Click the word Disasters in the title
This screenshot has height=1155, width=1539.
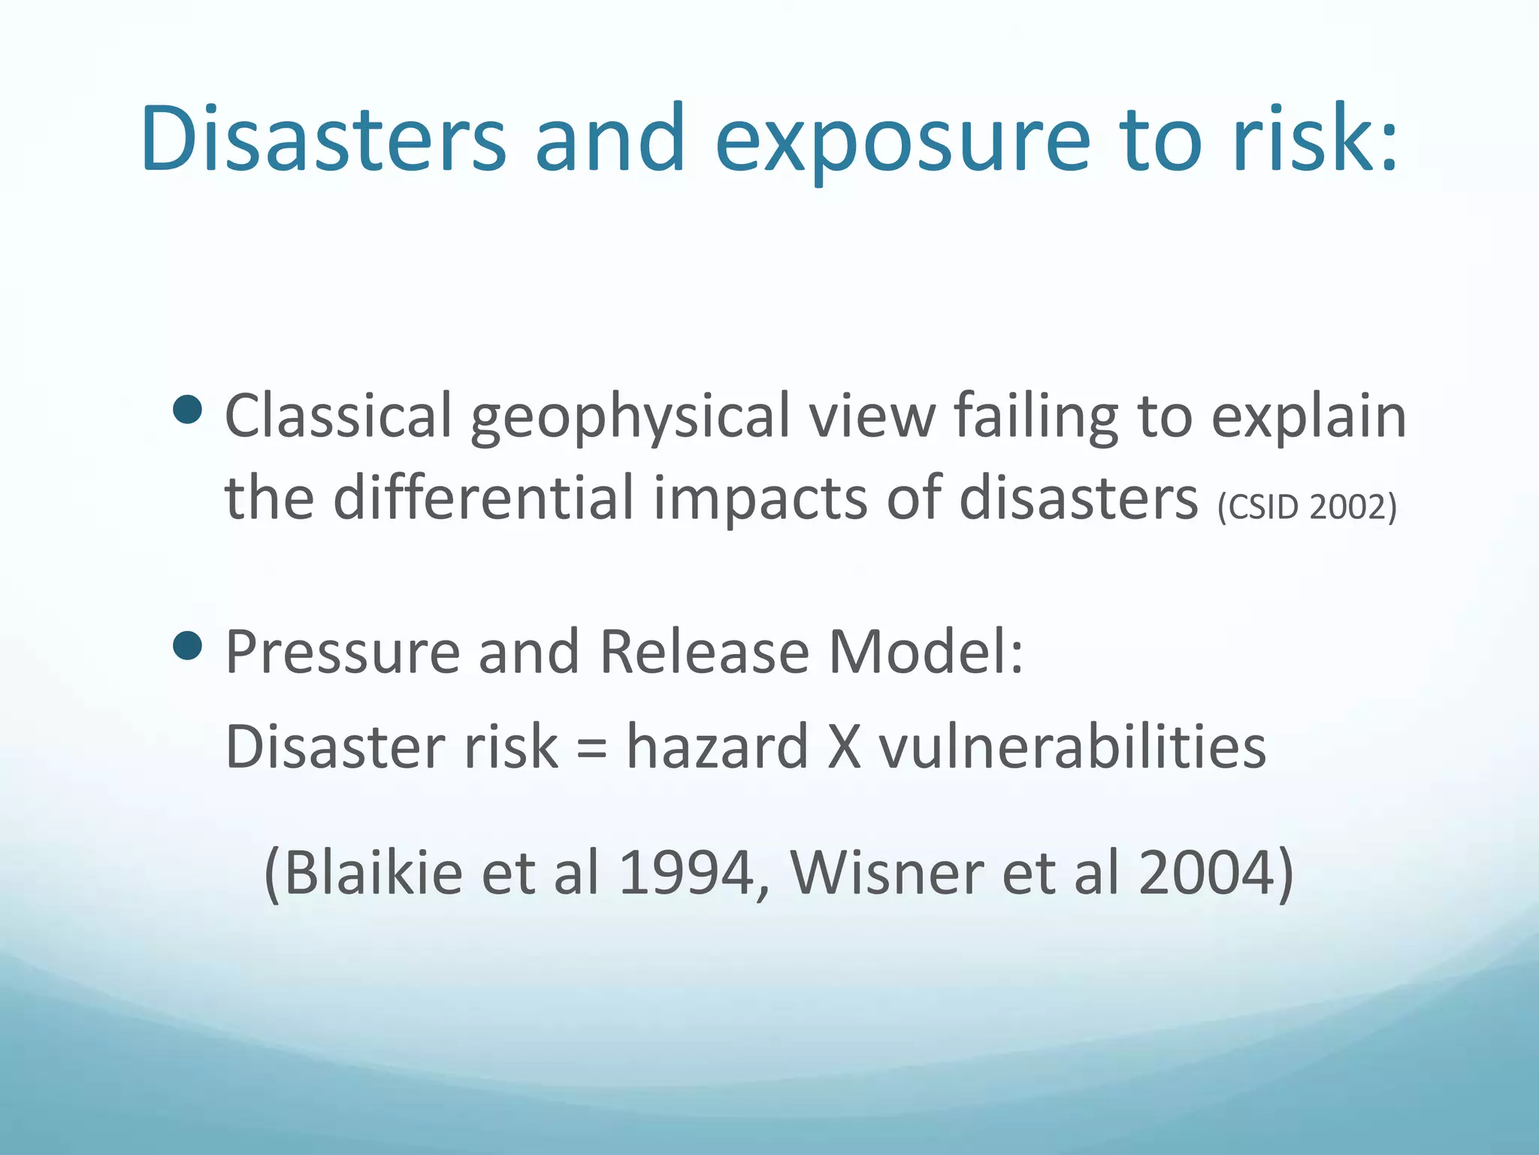point(323,140)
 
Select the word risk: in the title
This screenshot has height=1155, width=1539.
point(1315,140)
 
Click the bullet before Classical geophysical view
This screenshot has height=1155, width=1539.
point(187,410)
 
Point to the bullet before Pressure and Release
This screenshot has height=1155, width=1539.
point(187,645)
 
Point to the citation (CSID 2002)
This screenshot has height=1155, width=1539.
point(1307,507)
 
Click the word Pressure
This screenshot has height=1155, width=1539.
point(342,652)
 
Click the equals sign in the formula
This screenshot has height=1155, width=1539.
point(592,749)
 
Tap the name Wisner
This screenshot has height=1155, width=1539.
point(887,874)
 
